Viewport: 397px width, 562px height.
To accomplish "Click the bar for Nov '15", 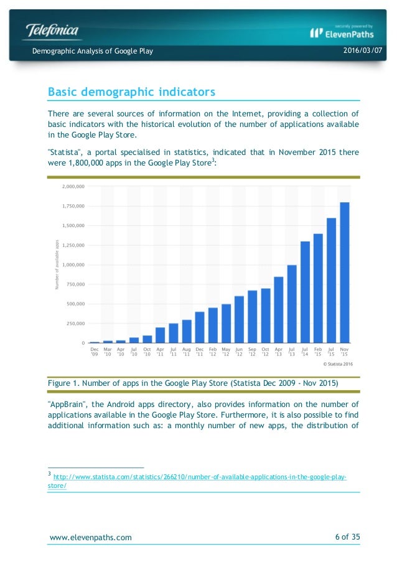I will [x=344, y=273].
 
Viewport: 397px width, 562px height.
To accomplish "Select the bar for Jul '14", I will [x=305, y=292].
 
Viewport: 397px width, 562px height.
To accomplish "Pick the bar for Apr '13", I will [x=279, y=310].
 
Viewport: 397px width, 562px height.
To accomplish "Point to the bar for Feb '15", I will [x=318, y=288].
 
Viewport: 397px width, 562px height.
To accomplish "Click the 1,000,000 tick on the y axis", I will [x=73, y=265].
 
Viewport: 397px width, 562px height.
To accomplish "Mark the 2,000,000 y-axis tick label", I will [x=73, y=186].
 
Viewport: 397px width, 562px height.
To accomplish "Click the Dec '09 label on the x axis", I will [x=95, y=352].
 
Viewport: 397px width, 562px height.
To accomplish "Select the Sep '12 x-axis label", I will [x=252, y=352].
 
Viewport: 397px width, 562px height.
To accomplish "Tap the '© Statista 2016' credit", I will [x=335, y=364].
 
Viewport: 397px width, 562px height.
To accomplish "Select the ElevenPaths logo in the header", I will [x=342, y=32].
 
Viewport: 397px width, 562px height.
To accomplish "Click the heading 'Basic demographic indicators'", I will [x=131, y=92].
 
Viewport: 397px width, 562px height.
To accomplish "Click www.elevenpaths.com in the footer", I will [x=90, y=537].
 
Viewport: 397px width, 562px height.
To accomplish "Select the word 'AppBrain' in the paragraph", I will [x=66, y=403].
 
